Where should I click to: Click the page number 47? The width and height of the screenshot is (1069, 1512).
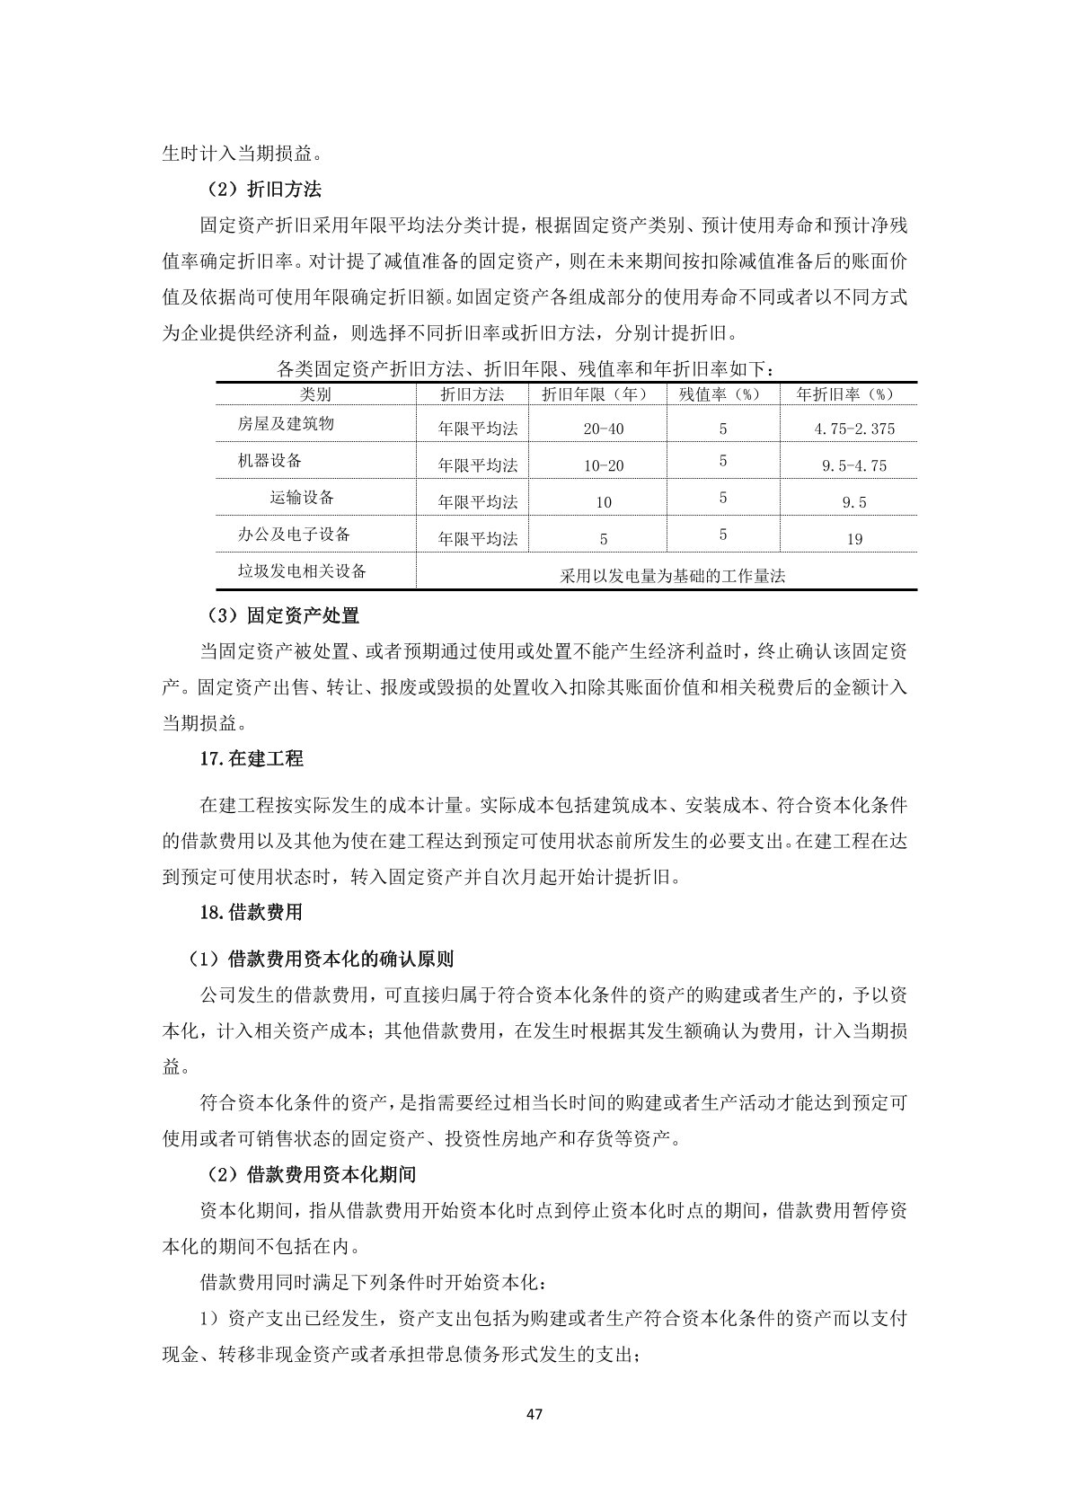(x=534, y=1414)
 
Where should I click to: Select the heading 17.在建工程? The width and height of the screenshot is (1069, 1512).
(x=252, y=759)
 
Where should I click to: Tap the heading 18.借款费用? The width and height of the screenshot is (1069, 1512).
(x=251, y=913)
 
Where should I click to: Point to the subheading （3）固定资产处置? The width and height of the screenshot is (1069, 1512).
(x=282, y=615)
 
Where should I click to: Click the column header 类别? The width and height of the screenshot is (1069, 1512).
(x=315, y=394)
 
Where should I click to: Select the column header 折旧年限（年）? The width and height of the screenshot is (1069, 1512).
(x=596, y=394)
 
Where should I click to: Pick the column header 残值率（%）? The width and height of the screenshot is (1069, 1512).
(x=722, y=394)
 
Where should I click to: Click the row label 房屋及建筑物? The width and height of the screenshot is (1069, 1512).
(x=286, y=423)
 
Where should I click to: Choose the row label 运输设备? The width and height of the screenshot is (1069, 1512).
(x=302, y=498)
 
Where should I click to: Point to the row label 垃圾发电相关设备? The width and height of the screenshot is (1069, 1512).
(x=302, y=571)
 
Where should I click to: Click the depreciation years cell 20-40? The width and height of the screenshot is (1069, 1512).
(x=603, y=429)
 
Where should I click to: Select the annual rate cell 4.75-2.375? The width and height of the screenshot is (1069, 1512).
(x=854, y=429)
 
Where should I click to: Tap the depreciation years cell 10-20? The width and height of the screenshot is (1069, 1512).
(x=603, y=466)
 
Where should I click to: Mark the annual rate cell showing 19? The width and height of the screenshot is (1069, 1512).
(x=854, y=540)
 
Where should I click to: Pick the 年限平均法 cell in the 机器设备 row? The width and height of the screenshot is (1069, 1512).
(x=478, y=466)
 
